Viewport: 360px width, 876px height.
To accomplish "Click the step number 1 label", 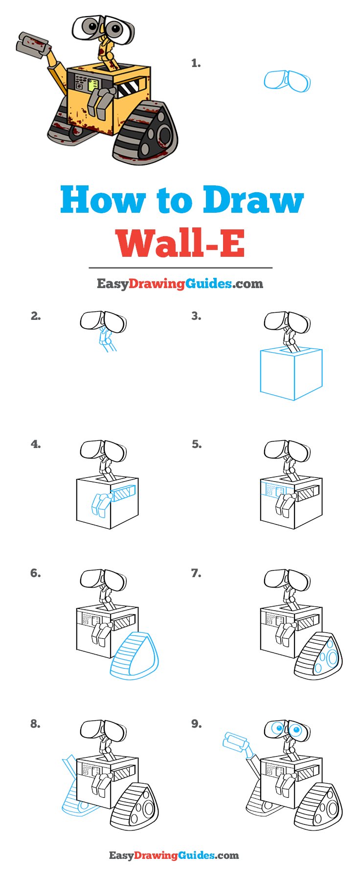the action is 196,63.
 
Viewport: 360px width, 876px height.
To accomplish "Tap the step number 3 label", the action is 196,316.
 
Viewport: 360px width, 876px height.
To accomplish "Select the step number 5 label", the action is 196,445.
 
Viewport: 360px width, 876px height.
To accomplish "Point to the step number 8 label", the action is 35,724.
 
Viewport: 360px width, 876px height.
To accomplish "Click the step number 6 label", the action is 35,573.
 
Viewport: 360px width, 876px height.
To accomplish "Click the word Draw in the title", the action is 253,200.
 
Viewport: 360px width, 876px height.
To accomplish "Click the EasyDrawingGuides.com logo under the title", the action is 180,284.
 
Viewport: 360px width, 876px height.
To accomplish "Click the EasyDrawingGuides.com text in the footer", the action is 174,855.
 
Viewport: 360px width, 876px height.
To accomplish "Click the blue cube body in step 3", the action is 292,373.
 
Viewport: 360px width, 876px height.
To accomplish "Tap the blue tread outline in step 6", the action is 135,655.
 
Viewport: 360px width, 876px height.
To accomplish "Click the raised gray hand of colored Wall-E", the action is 33,45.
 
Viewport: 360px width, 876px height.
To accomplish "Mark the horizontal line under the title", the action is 180,268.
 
